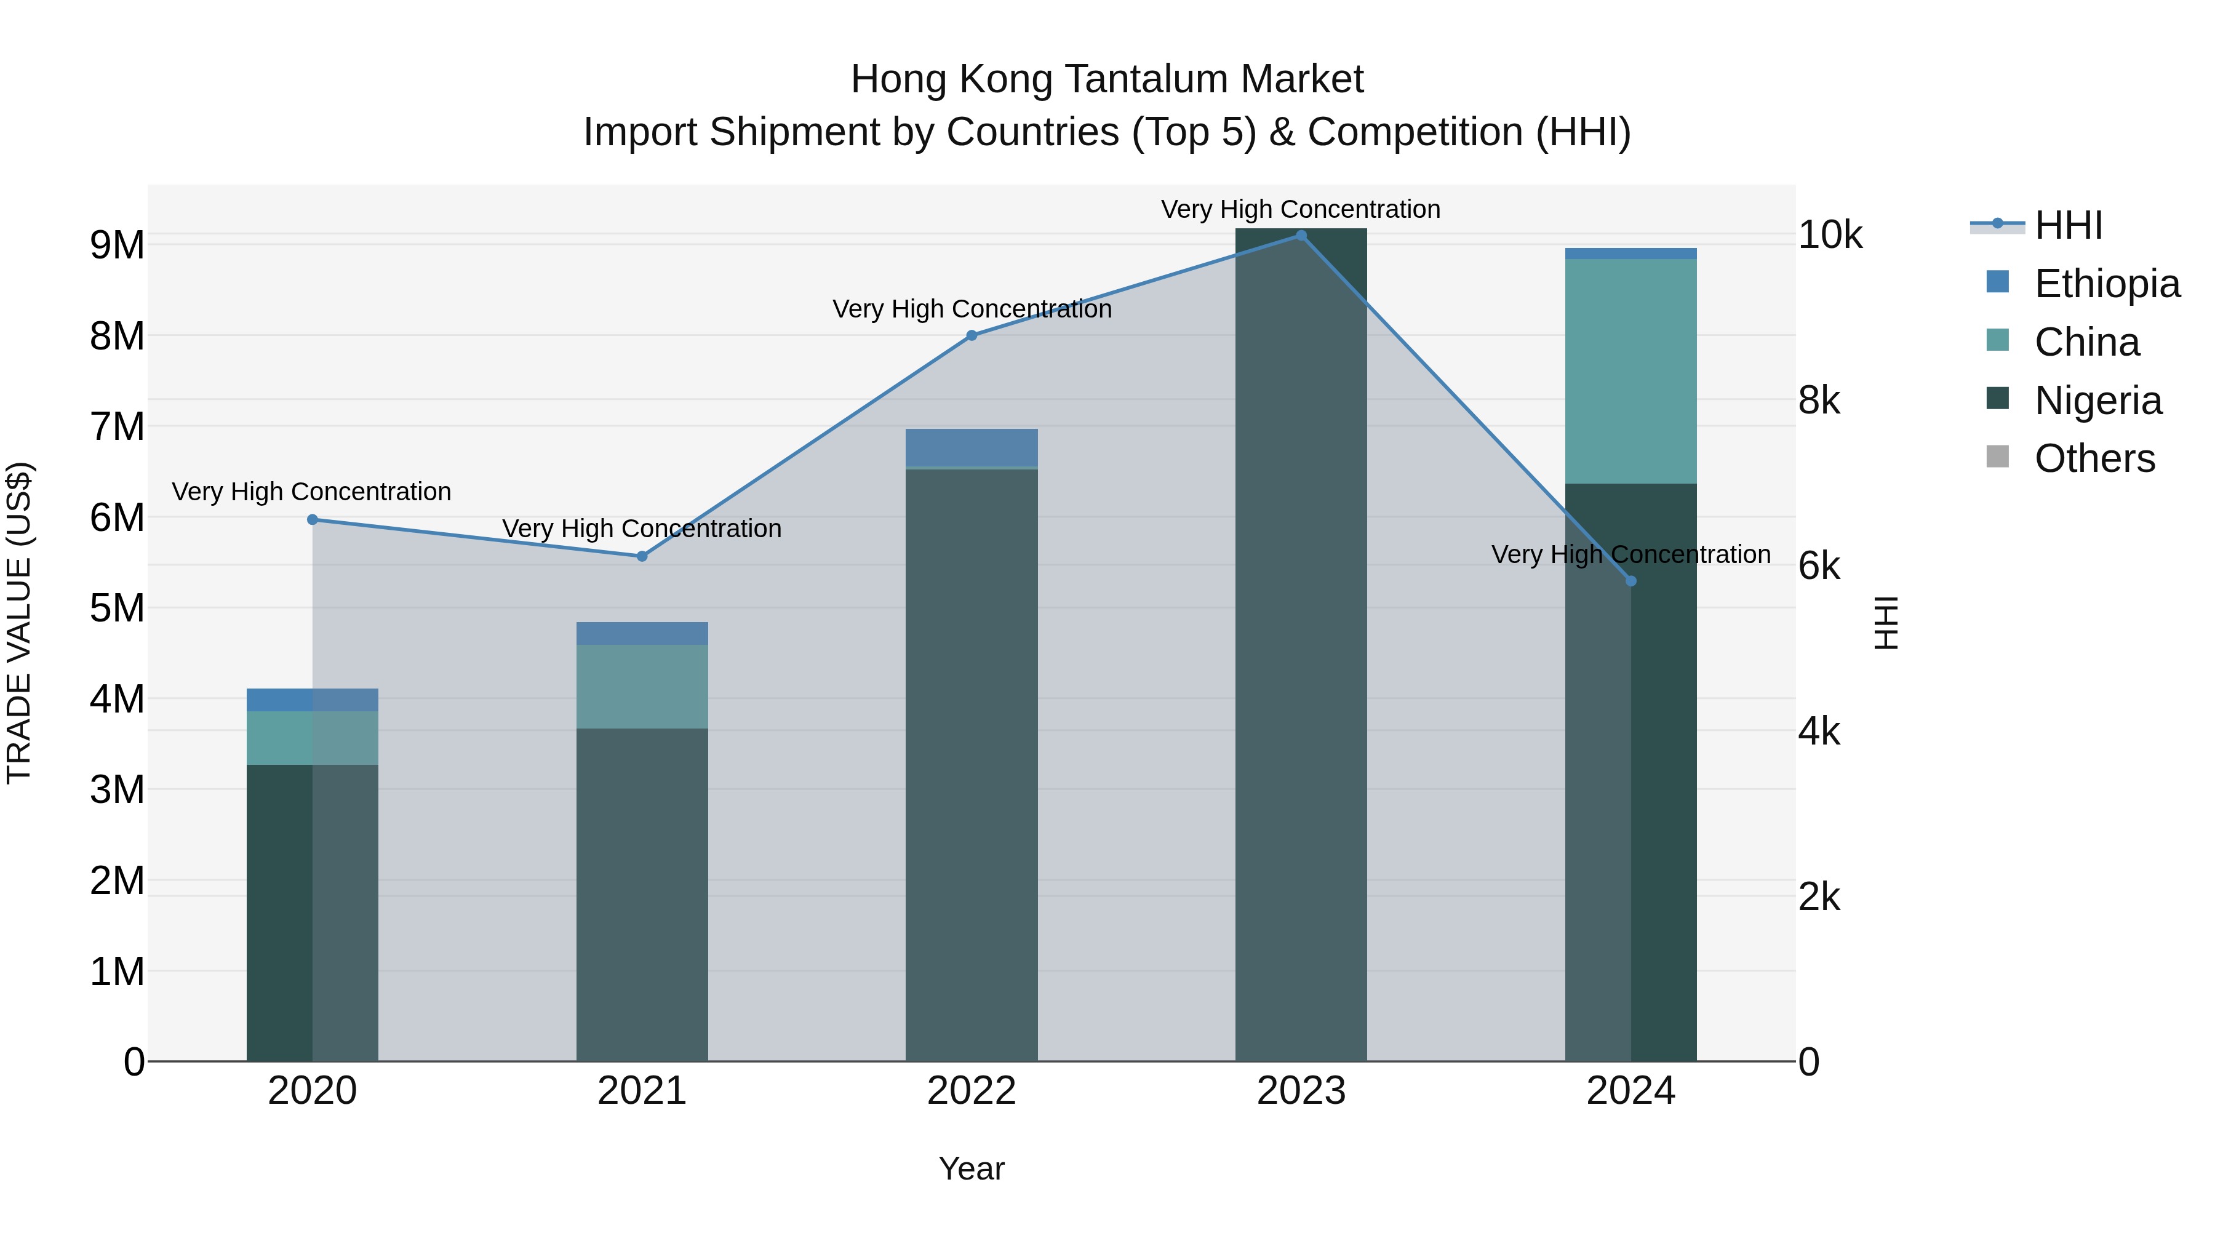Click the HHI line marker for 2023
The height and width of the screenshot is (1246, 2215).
[1301, 236]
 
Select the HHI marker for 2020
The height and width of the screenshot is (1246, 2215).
[312, 519]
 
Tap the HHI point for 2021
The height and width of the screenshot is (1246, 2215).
[642, 556]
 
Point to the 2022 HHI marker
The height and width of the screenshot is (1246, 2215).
[972, 335]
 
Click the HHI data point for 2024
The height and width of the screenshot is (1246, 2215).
[1631, 581]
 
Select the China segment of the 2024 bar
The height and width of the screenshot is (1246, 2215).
[1630, 370]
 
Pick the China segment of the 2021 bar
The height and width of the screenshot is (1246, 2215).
[642, 686]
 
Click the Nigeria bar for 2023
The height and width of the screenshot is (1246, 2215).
[1301, 645]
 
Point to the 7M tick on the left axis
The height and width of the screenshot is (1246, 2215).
[118, 426]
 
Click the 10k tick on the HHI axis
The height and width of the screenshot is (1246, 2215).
[1830, 235]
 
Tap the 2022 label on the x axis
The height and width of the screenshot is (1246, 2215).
[972, 1091]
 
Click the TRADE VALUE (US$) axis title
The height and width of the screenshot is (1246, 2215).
[20, 623]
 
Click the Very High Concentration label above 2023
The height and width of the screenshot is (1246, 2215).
[1300, 210]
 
